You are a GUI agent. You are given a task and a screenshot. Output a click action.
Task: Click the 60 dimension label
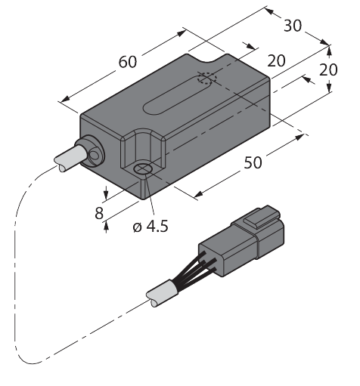coord(128,62)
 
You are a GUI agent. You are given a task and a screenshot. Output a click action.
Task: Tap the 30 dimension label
coord(293,26)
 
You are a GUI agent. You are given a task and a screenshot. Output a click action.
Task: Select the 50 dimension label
coord(253,162)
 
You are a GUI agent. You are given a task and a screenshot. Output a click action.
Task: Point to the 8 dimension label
coord(99,213)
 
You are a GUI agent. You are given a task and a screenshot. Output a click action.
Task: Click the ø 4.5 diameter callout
coord(151,226)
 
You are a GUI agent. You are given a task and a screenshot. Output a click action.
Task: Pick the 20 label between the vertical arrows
coord(328,69)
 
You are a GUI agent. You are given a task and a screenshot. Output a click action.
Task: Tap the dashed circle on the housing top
coord(207,78)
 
